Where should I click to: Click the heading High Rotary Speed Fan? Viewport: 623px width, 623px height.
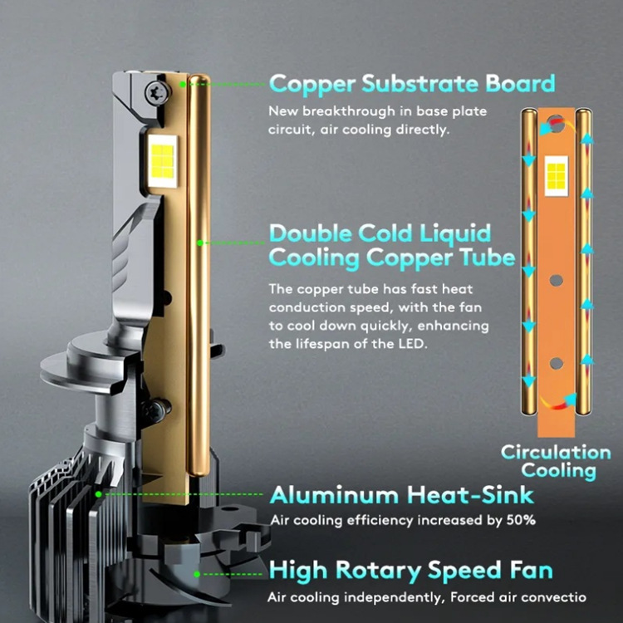click(x=411, y=571)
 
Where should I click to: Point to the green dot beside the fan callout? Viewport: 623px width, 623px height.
click(x=197, y=573)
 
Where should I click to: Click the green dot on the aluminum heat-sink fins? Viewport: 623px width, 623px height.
click(x=99, y=493)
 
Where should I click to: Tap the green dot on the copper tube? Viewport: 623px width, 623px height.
click(x=200, y=243)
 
